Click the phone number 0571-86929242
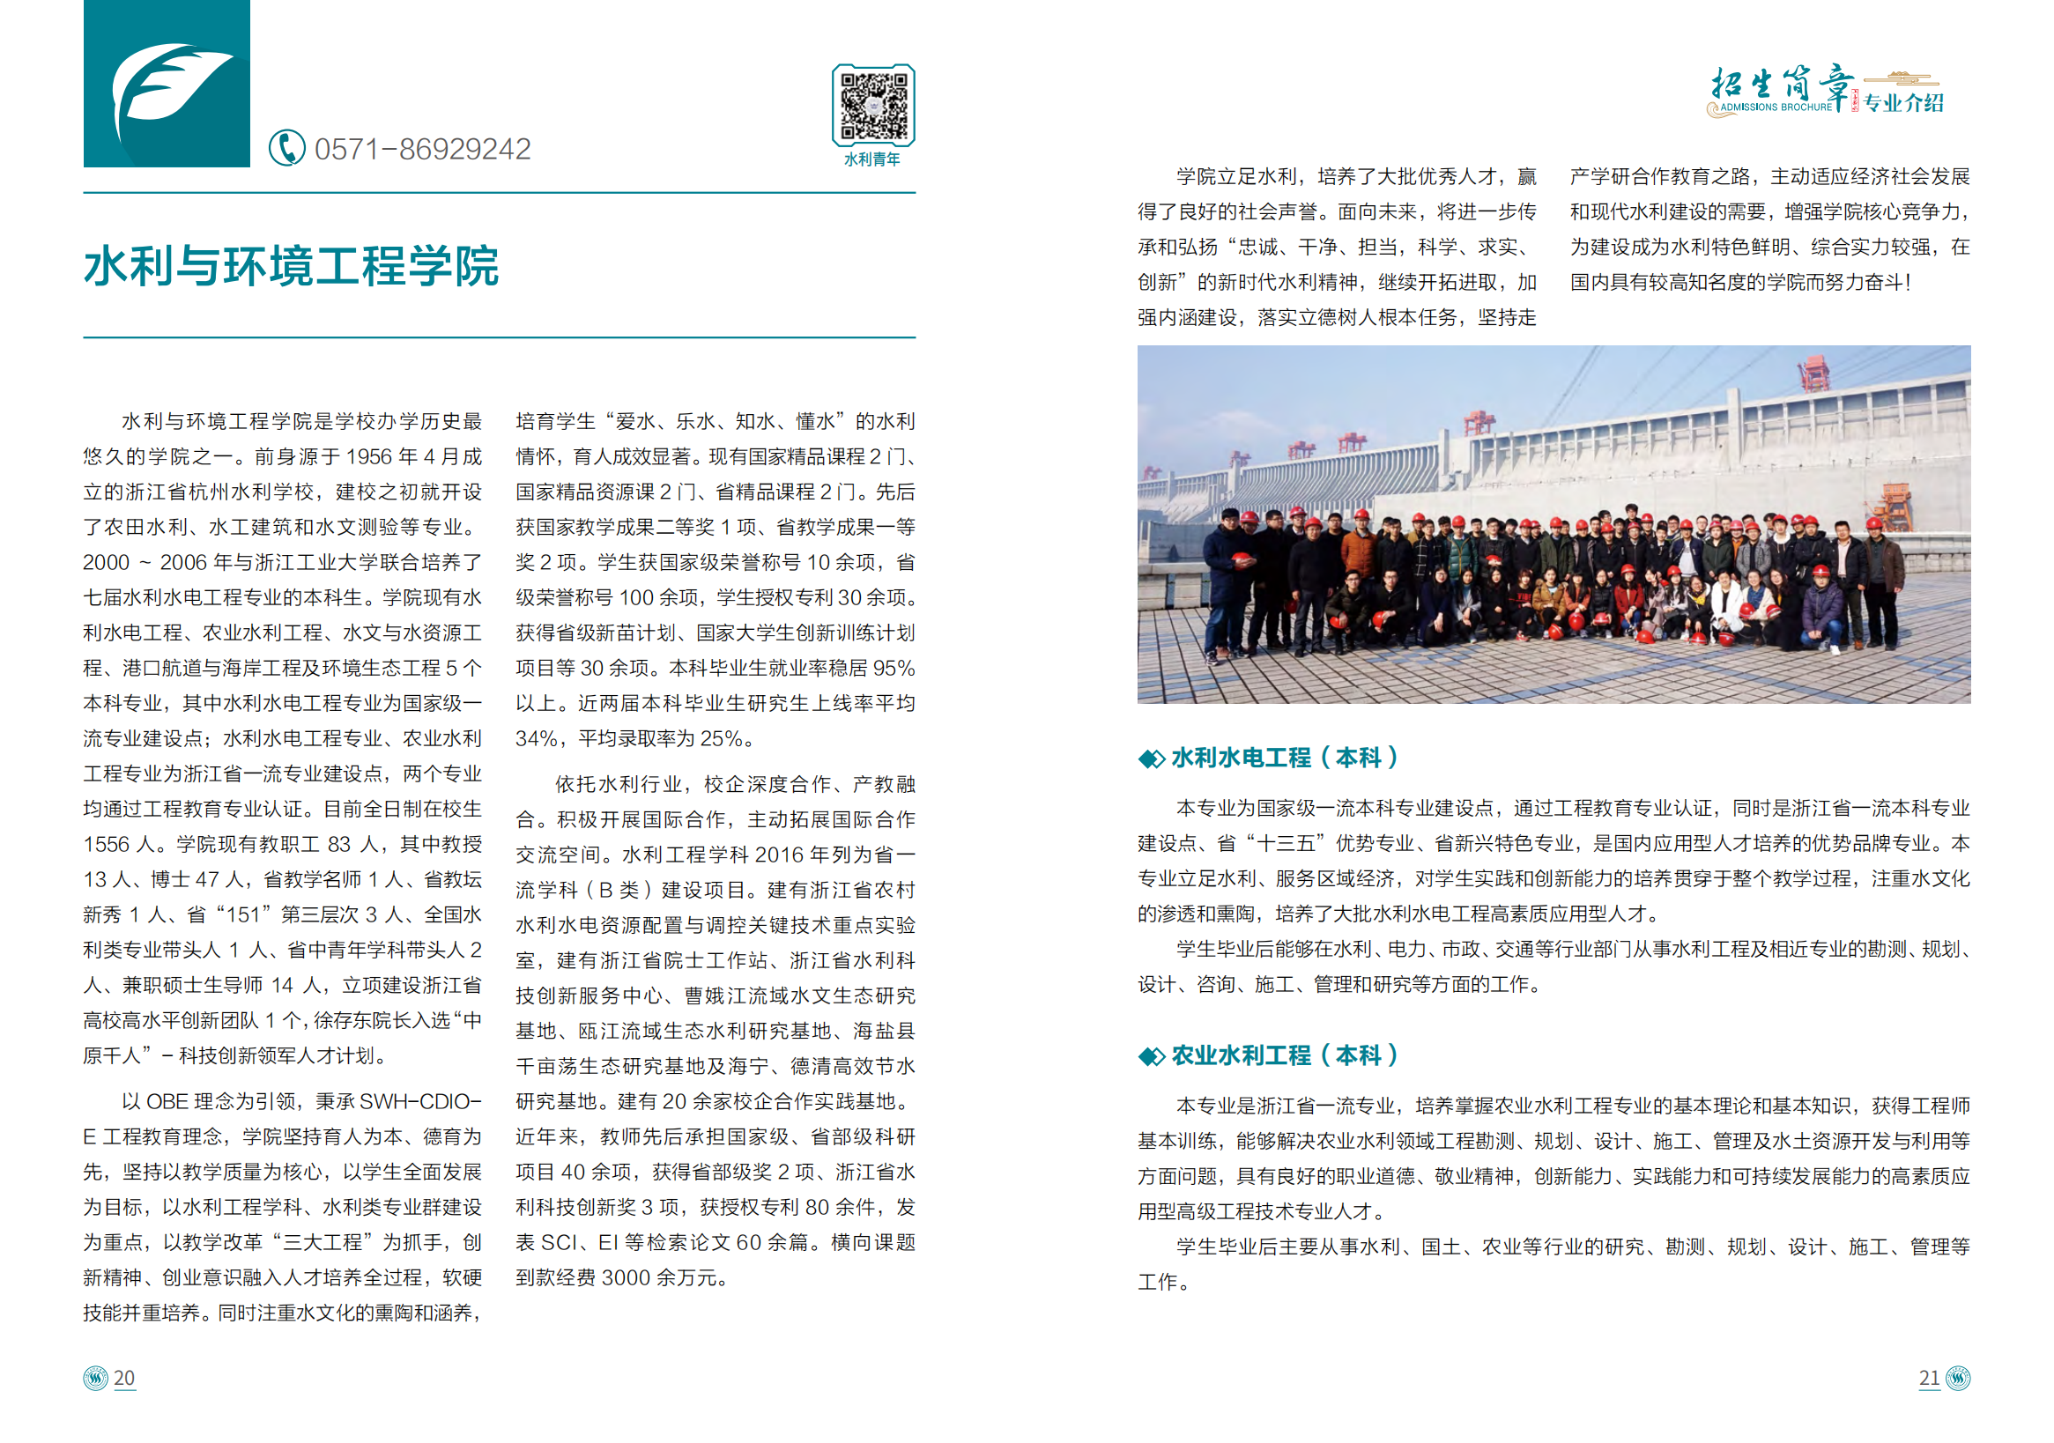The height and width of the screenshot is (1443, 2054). tap(422, 149)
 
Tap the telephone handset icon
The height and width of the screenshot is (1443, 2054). tap(286, 148)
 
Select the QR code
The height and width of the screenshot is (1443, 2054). tap(872, 105)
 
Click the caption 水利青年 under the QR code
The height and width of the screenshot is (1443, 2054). tap(872, 159)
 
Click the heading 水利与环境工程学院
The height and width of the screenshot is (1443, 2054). tap(291, 266)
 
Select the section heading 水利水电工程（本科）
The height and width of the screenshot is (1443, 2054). tap(1284, 758)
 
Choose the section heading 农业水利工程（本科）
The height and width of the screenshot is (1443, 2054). tap(1284, 1056)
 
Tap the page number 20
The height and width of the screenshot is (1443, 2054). tap(124, 1378)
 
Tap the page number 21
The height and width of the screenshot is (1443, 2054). tap(1929, 1378)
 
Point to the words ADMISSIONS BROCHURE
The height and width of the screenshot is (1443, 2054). tap(1776, 107)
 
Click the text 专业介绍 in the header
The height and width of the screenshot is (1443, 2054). tap(1903, 103)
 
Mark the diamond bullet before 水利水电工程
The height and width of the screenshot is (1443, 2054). tap(1151, 759)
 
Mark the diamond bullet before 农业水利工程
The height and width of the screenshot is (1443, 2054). tap(1151, 1057)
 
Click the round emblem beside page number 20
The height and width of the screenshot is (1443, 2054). tap(95, 1378)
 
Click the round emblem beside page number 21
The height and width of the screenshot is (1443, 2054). tap(1958, 1378)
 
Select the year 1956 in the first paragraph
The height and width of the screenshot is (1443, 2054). tap(370, 457)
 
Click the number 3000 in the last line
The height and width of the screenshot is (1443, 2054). tap(627, 1277)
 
